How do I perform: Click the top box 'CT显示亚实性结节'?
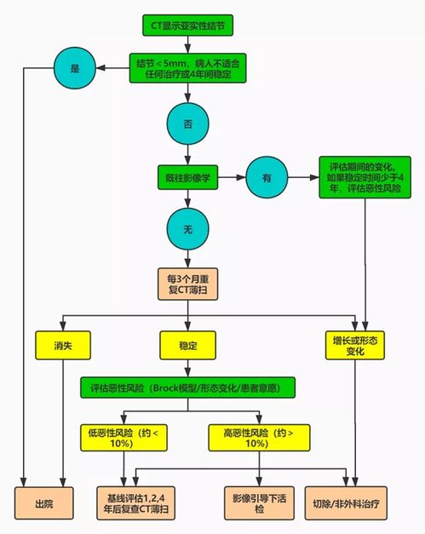(x=188, y=25)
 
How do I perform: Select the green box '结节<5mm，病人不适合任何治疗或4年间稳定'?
(x=188, y=68)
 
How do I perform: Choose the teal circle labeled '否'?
(x=188, y=123)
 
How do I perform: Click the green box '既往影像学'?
(x=188, y=179)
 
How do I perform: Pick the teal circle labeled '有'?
(x=265, y=179)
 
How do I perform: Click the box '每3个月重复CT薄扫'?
(x=188, y=284)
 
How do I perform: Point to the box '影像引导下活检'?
(x=258, y=502)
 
